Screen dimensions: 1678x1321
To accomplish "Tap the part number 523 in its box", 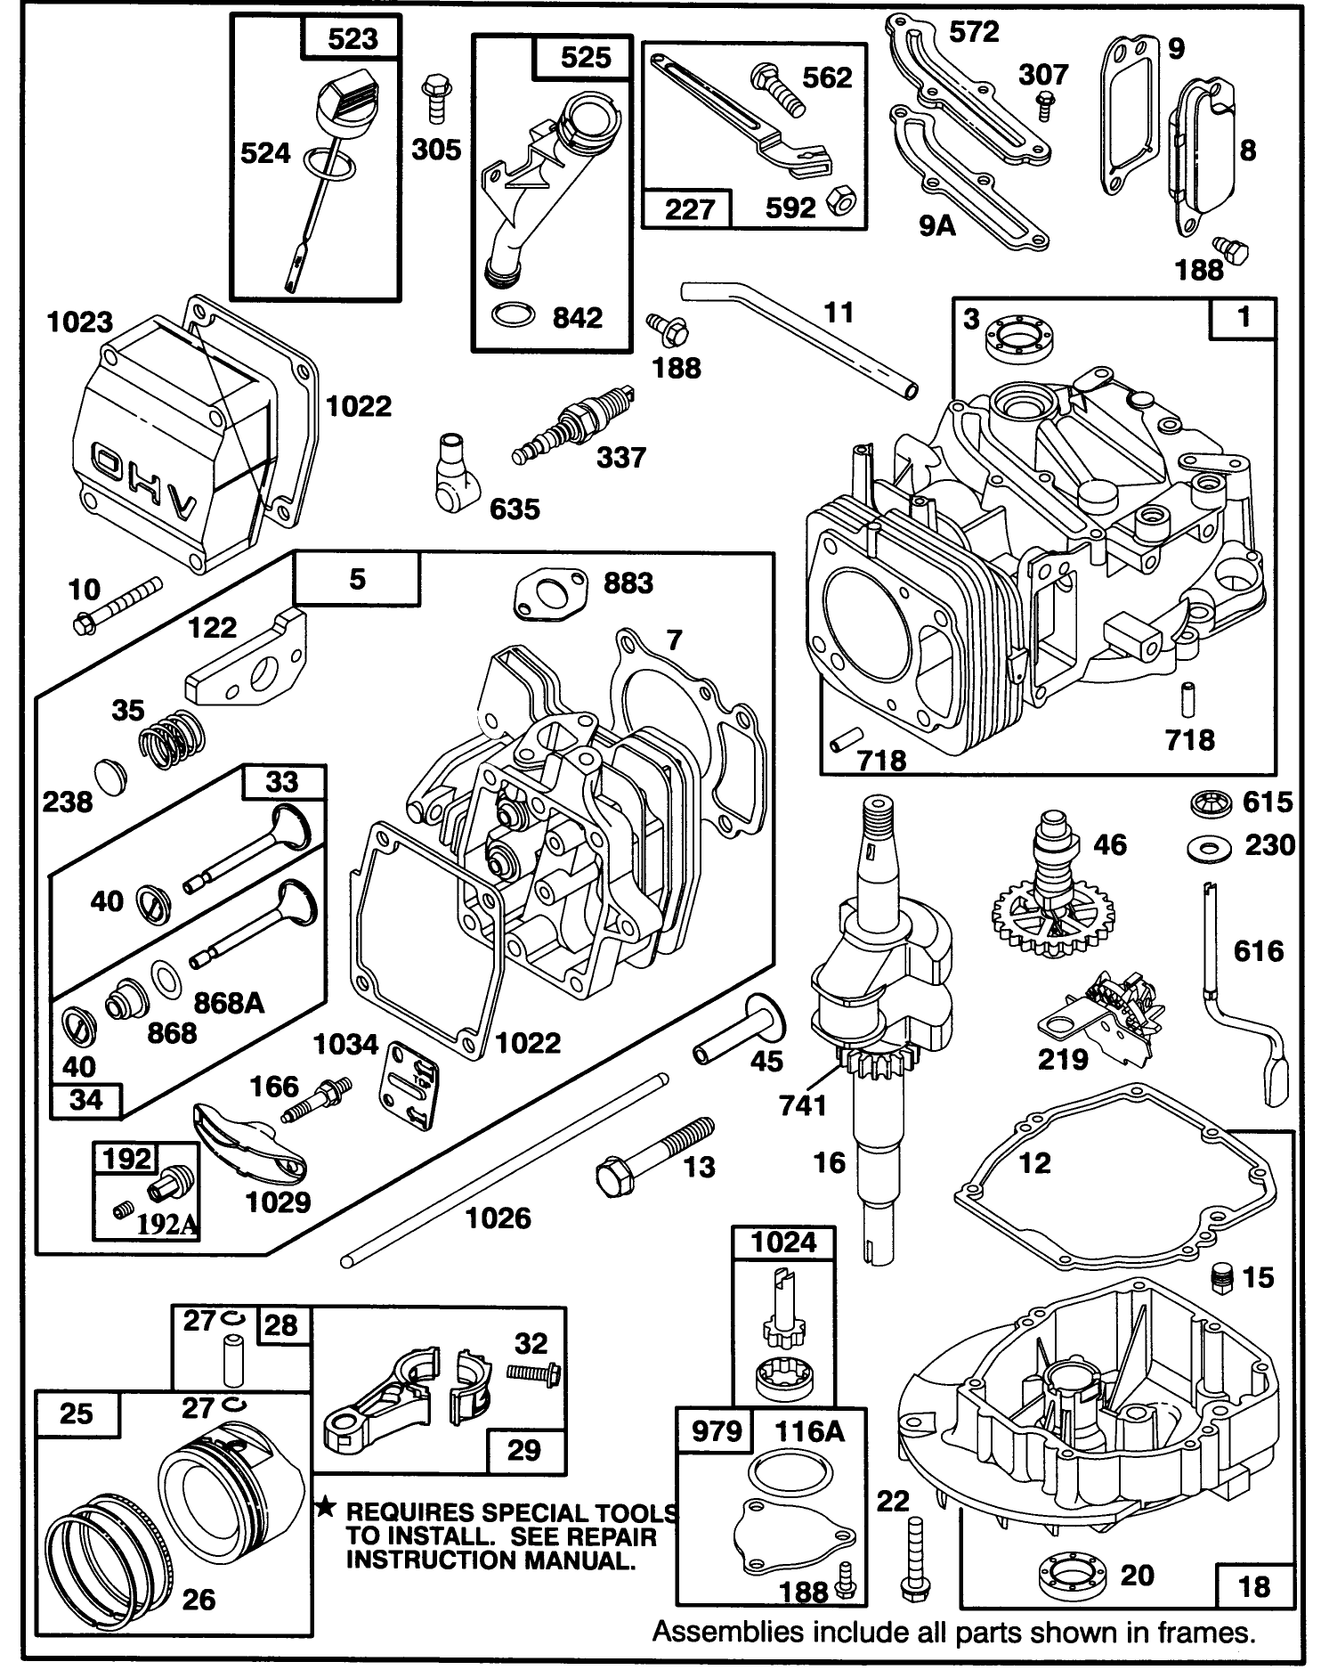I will [x=352, y=38].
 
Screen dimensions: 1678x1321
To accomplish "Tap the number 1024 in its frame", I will [x=783, y=1242].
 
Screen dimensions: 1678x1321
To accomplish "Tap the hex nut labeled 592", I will [x=839, y=204].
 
